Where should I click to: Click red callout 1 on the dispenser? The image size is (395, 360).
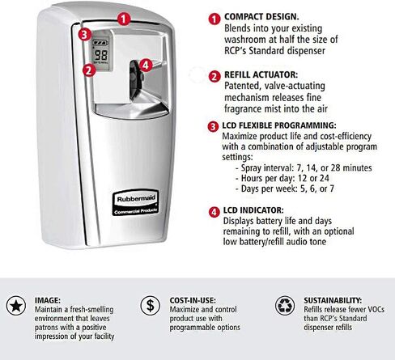point(124,19)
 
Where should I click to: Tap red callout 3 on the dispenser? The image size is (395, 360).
point(84,35)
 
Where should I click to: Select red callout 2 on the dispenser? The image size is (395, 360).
point(89,70)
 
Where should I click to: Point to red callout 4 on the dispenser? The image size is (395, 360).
point(146,66)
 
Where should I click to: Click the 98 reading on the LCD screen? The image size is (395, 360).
point(101,55)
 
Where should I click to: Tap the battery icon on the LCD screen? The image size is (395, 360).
point(100,43)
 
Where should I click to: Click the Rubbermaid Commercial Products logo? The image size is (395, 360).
point(135,202)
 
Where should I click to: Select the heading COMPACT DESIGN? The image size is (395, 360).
point(261,17)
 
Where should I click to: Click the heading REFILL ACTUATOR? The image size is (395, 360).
point(261,74)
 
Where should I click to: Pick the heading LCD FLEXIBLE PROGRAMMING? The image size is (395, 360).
point(279,125)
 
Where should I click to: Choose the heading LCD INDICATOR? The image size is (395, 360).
point(253,210)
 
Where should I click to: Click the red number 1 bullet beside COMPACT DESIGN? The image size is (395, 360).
point(214,19)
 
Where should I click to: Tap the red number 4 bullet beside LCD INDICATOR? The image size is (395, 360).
point(214,212)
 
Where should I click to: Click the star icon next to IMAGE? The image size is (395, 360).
point(16,306)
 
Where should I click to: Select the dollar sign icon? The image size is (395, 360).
point(150,306)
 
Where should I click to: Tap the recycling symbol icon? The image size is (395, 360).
point(285,306)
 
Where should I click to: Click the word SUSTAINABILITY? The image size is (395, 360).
point(333,300)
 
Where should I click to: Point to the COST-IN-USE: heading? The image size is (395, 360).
point(193,300)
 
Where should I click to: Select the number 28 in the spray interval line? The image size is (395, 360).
point(335,167)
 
